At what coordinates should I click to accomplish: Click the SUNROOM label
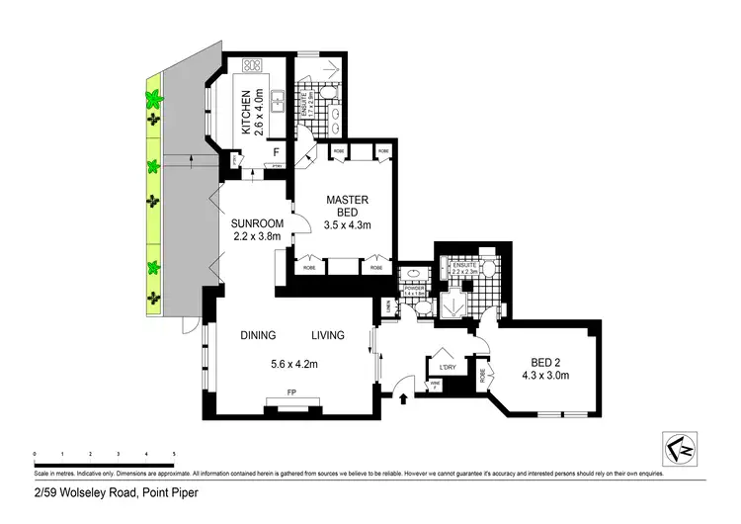(x=258, y=222)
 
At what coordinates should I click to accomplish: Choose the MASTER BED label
(x=347, y=208)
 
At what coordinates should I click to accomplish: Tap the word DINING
(x=258, y=335)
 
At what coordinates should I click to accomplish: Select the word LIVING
(x=328, y=335)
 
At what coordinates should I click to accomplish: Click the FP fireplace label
(x=291, y=393)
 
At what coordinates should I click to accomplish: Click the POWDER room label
(x=413, y=289)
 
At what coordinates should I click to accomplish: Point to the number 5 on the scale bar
(x=174, y=453)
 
